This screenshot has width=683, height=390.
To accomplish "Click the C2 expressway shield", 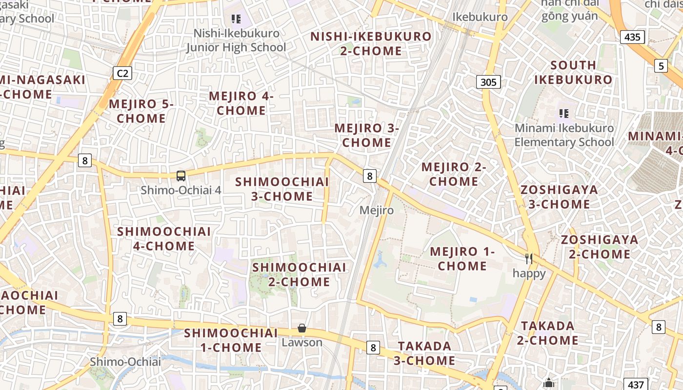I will (x=122, y=74).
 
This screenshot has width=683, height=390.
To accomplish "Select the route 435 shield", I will (x=633, y=37).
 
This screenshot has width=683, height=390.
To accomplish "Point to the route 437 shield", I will (x=636, y=385).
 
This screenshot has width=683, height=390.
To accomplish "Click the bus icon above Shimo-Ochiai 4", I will (x=181, y=176).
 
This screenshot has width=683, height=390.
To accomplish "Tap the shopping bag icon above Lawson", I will (x=302, y=328).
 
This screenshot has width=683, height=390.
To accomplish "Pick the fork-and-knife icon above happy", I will (x=529, y=258).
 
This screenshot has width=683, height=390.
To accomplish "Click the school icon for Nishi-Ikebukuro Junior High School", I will (x=236, y=19).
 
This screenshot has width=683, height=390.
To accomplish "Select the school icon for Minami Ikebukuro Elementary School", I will (x=564, y=114).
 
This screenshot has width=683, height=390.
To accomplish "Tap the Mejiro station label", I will (x=376, y=210).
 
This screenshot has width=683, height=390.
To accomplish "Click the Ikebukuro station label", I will (x=480, y=17).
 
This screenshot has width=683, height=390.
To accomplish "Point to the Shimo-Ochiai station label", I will (x=125, y=361).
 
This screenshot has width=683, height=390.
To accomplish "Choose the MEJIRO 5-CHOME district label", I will (x=141, y=111).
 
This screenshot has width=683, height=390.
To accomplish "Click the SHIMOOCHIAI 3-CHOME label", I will (x=282, y=189).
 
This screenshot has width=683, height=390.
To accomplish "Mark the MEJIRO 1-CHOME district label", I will (x=462, y=258).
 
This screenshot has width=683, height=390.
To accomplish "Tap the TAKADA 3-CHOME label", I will (x=424, y=353).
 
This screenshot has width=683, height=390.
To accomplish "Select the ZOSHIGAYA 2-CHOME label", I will (x=599, y=247).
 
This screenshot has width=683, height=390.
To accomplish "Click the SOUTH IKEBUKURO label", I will (x=573, y=72).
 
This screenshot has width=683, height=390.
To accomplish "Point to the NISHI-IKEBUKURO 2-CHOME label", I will (x=371, y=43).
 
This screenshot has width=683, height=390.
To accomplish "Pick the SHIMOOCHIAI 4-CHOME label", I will (x=164, y=238).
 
